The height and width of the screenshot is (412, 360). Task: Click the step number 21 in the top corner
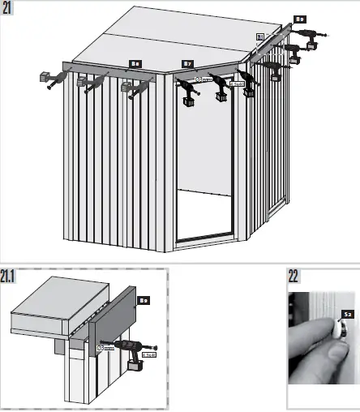[11, 9]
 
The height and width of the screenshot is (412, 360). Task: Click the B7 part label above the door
[187, 63]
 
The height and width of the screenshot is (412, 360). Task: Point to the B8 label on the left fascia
[136, 63]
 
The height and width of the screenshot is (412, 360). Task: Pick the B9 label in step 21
[299, 19]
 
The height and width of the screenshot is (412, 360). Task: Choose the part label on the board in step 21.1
[144, 301]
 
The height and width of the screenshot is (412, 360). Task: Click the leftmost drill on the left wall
[46, 79]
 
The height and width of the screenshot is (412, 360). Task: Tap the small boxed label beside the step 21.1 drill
[148, 354]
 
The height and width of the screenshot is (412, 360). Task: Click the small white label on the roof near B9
[259, 36]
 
